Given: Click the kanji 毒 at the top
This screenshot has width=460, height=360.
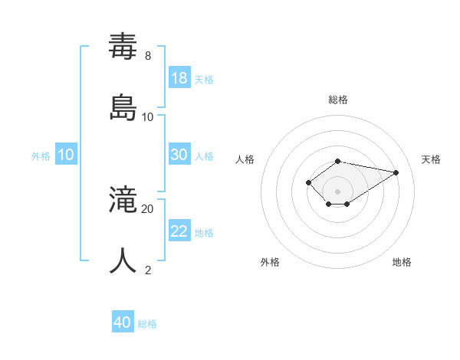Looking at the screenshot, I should (123, 47).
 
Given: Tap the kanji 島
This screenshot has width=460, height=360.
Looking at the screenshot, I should (123, 108).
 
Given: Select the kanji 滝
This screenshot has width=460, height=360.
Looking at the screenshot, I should (123, 200).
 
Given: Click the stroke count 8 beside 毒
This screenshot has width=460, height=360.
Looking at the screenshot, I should (148, 56).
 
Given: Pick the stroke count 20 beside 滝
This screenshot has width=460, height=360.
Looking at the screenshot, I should (148, 208).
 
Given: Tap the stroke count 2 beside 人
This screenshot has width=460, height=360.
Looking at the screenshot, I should (148, 270).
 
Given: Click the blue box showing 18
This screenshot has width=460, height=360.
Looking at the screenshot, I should (179, 77).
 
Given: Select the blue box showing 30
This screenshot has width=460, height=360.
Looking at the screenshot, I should (179, 155).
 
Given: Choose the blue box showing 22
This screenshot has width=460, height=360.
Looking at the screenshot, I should (179, 231).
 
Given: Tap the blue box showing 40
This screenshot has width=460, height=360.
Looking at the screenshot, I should (123, 322).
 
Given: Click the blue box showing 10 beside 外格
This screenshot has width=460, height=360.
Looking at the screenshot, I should (66, 155).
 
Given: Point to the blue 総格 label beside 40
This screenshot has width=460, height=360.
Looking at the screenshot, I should (147, 324).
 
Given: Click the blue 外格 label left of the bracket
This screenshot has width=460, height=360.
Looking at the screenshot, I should (41, 156).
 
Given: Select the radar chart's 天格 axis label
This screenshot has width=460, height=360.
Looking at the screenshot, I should (431, 159).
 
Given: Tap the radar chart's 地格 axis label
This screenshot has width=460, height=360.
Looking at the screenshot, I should (402, 262).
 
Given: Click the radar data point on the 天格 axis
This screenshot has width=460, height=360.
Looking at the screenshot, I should (396, 172).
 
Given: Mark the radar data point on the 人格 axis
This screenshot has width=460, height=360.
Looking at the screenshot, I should (308, 182).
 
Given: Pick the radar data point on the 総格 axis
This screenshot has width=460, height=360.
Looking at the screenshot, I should (337, 161).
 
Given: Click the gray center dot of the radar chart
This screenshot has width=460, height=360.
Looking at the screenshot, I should (337, 191).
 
